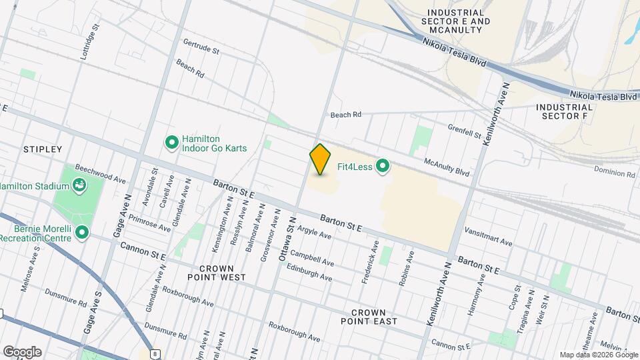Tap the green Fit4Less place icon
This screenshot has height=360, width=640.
pos(383,165)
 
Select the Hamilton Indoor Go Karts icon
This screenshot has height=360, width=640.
pos(171,143)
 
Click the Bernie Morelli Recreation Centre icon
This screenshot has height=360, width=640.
pos(82,233)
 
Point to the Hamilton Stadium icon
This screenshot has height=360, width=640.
pos(79,185)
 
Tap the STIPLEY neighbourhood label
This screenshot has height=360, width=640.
pos(43,149)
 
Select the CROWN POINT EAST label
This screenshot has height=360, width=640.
pos(374,316)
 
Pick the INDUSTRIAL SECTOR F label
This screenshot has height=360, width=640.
pos(564,111)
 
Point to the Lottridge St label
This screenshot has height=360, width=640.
pos(89,42)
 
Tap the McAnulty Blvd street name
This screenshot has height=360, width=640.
pos(447,167)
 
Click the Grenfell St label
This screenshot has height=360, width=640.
pos(464,130)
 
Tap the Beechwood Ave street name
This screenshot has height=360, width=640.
pos(101,175)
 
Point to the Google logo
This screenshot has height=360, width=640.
pos(22,351)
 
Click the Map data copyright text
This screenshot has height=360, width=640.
pos(597,355)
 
